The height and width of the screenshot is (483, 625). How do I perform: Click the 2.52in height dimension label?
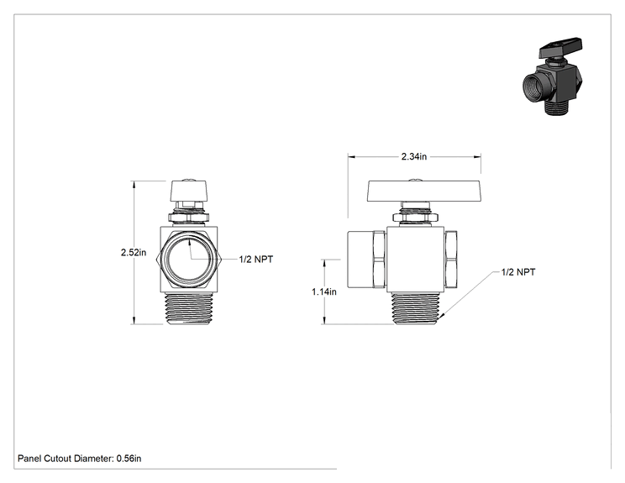point(134,252)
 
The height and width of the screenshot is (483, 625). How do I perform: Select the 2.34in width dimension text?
point(414,156)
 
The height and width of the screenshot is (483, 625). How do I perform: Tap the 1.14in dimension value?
point(324,291)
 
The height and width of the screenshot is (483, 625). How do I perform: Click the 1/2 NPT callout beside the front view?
point(256,259)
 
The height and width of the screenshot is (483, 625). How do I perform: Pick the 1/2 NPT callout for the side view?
point(518,272)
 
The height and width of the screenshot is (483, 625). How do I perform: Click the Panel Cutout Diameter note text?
point(79,459)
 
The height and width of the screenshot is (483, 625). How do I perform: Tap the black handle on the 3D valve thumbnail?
point(560,47)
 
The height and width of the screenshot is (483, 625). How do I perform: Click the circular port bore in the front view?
point(189,260)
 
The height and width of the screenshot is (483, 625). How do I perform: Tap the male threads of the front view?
point(189,308)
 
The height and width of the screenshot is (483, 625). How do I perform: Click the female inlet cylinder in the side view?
point(360,260)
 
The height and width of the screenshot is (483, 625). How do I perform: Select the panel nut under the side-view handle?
point(415,218)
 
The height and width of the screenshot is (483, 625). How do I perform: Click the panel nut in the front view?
point(188,218)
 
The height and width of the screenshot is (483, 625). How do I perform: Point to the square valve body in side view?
point(415,260)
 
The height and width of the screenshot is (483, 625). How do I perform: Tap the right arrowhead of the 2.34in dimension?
point(477,156)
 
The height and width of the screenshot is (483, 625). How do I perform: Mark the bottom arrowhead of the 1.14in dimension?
point(325,320)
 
